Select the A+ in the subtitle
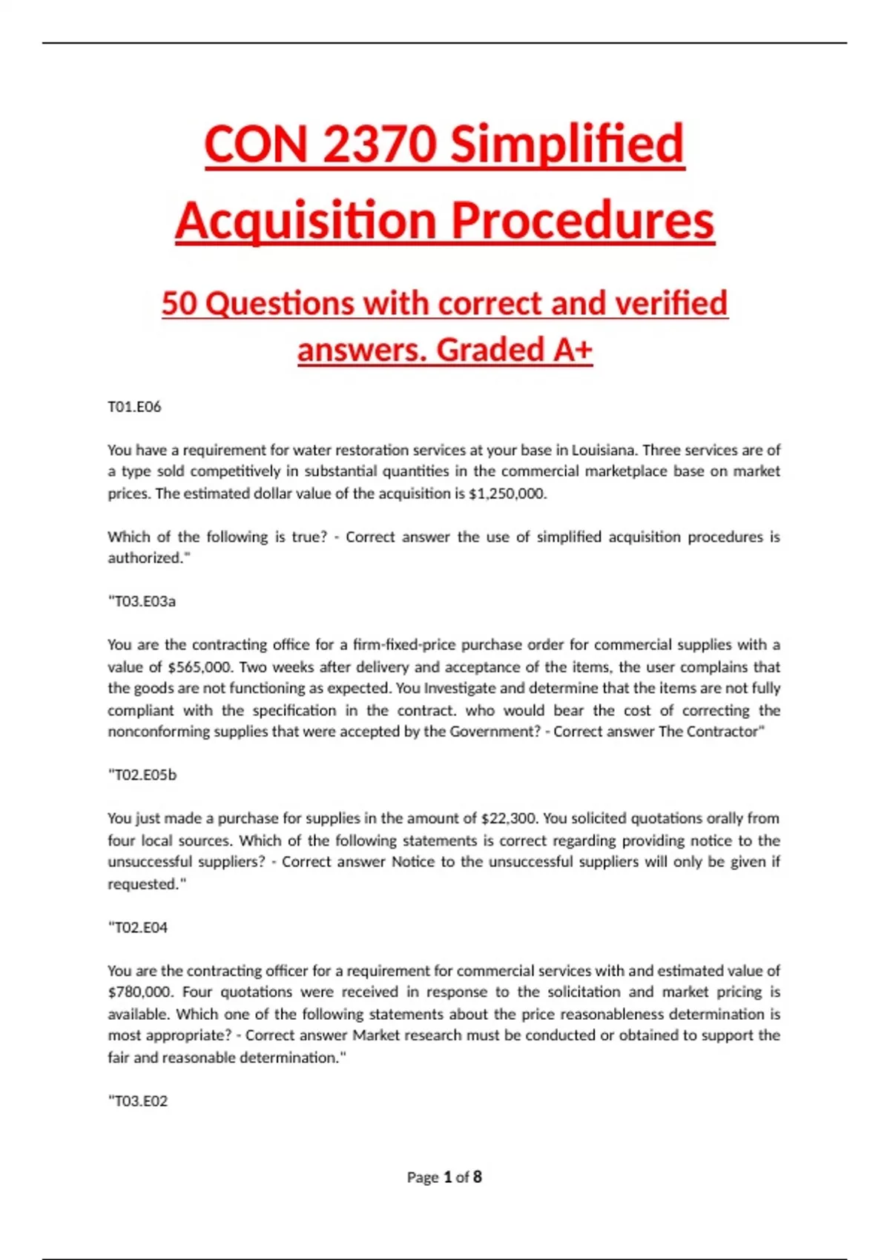[x=573, y=350]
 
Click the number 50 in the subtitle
[x=179, y=303]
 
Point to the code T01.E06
[x=134, y=407]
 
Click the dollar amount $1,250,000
[x=507, y=494]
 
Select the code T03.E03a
[x=142, y=601]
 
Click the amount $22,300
[x=510, y=818]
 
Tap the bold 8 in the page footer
[x=478, y=1177]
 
